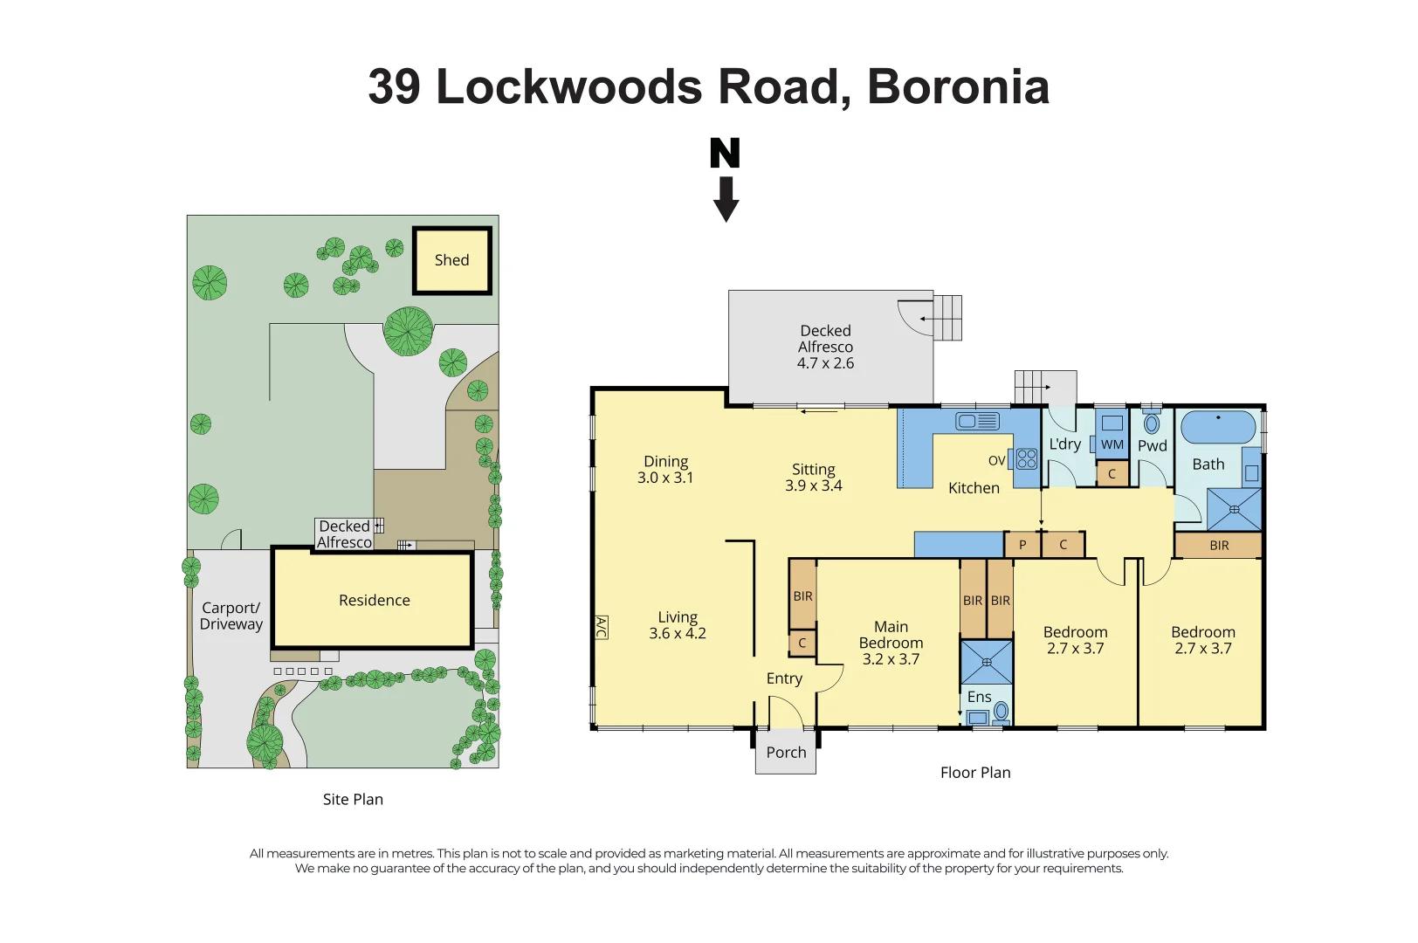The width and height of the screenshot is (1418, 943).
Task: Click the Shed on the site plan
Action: tap(452, 260)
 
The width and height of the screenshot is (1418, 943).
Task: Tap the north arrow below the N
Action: tap(726, 199)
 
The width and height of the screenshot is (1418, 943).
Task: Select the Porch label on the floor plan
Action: tap(786, 753)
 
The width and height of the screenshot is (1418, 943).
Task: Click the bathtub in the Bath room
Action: tap(1218, 427)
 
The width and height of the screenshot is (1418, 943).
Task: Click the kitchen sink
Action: tap(977, 421)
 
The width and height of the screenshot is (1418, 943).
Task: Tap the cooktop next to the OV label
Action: tap(1027, 459)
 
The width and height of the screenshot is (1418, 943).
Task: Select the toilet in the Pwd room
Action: tap(1152, 421)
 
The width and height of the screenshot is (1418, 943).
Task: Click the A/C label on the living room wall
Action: tap(602, 627)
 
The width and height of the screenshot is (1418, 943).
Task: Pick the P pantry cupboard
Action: tap(1022, 545)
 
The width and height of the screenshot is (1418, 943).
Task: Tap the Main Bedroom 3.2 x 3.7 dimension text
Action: tap(891, 659)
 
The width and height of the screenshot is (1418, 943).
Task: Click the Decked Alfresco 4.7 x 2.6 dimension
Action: tap(825, 363)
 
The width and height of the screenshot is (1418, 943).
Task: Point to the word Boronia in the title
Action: tap(959, 86)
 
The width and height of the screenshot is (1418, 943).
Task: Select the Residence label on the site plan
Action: tap(374, 600)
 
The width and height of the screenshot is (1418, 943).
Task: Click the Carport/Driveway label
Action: tap(231, 616)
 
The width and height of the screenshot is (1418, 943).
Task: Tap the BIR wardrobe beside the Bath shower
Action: tap(1219, 546)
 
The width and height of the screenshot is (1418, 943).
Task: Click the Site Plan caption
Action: tap(353, 799)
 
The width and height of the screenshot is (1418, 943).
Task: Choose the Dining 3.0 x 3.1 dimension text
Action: tap(665, 478)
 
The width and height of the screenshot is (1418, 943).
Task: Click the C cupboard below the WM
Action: tap(1112, 473)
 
